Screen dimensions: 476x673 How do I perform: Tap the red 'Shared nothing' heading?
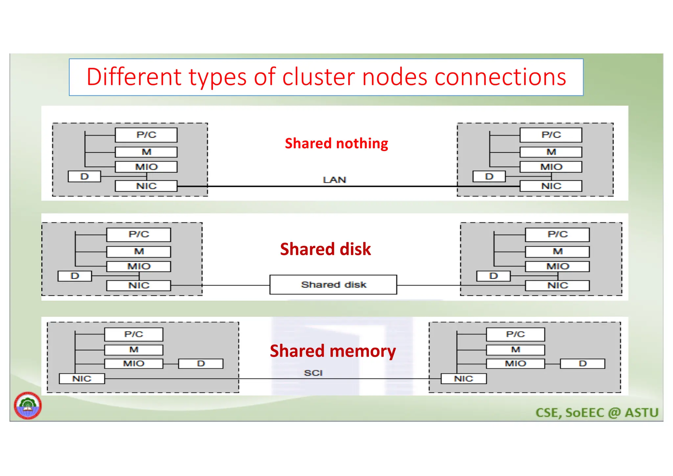[336, 143]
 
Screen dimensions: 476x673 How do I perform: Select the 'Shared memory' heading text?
[333, 351]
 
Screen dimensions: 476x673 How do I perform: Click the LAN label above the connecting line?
[334, 180]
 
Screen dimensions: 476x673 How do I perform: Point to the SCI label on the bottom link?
[313, 373]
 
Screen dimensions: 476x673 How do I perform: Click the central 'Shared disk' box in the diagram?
[333, 285]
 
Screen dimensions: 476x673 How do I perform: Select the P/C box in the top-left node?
[146, 135]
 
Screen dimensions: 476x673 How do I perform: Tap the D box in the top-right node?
[489, 177]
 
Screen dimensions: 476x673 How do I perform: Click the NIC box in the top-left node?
[146, 186]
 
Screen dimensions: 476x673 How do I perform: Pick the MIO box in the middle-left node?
[138, 266]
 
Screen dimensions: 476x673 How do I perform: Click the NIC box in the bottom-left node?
[81, 379]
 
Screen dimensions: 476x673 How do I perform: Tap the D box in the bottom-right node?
[582, 363]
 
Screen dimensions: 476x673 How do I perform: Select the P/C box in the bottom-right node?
[515, 334]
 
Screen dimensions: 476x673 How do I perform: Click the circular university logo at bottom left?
[28, 406]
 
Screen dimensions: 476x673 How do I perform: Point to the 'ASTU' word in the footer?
[641, 413]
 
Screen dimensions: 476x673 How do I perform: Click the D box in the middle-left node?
[75, 276]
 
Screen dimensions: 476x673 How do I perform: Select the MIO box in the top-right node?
[551, 167]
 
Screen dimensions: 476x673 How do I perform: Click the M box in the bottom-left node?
[133, 350]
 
